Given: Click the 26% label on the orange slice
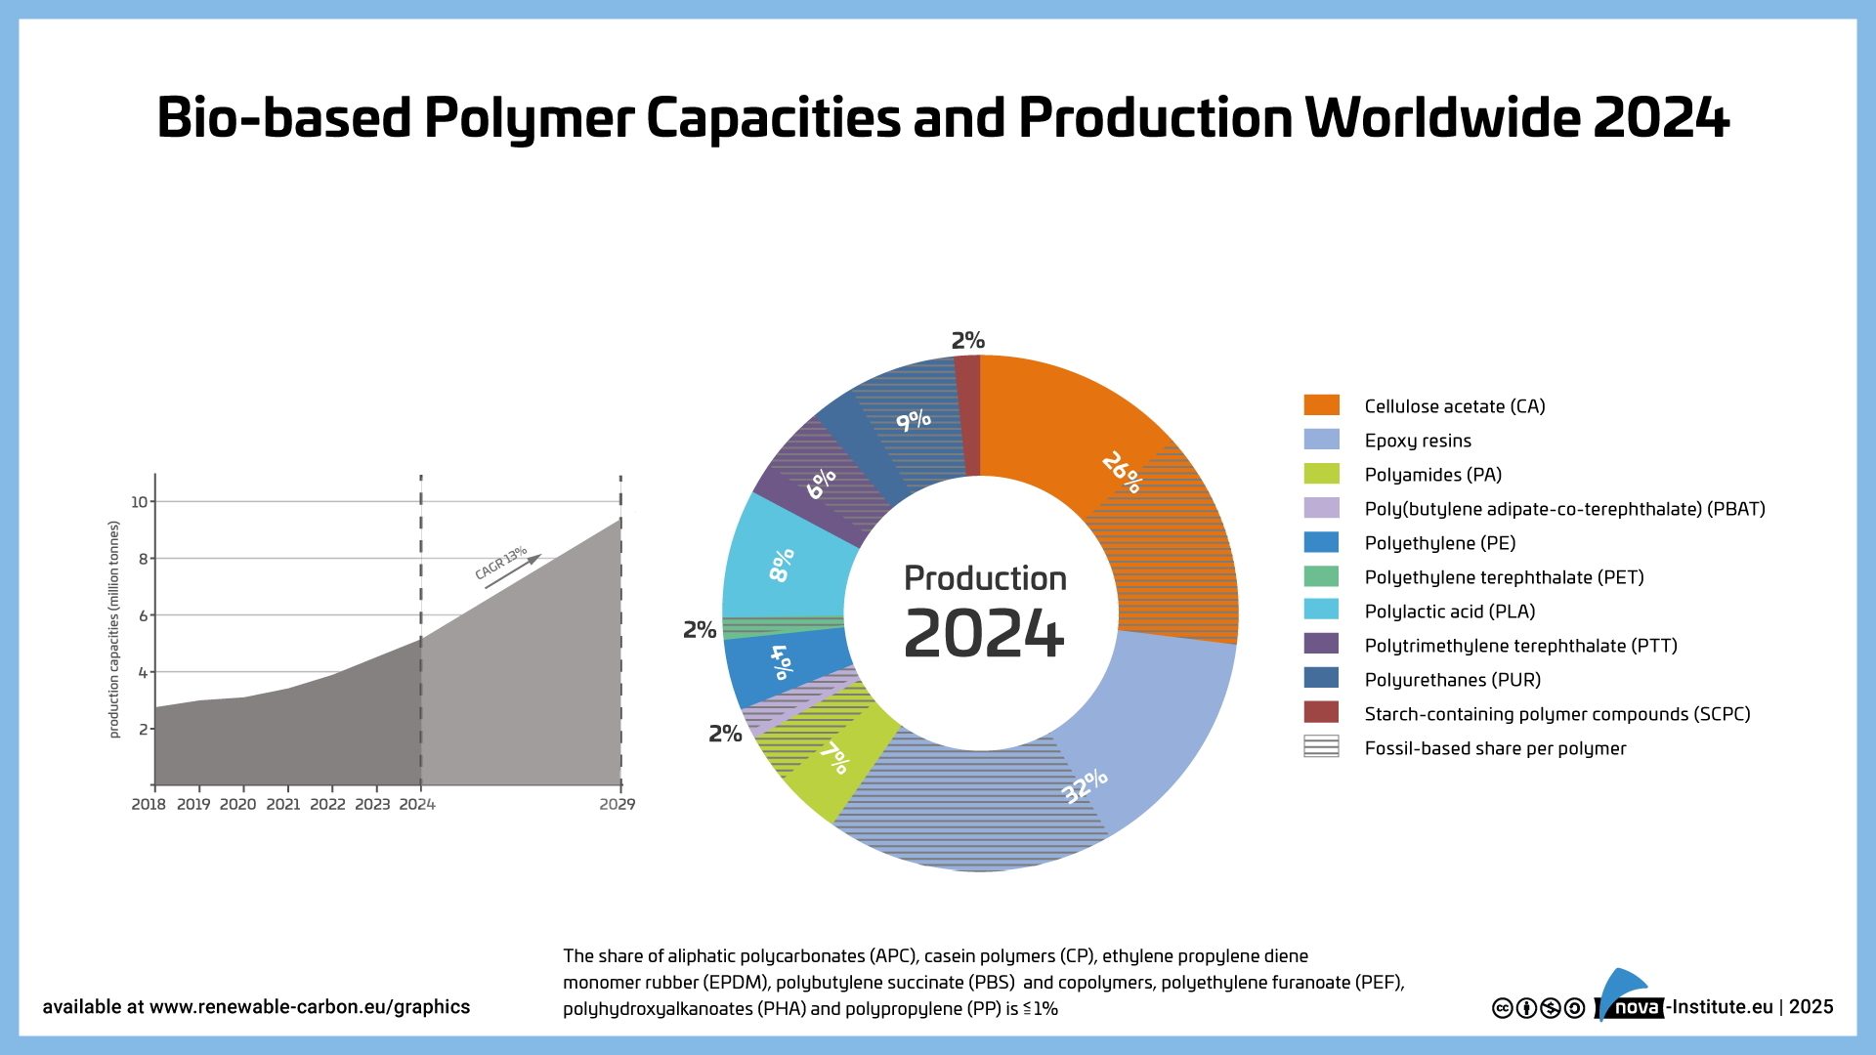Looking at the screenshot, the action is [x=1122, y=473].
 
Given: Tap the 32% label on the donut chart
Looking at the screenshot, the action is [x=1085, y=785].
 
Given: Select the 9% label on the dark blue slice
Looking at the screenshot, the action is [x=914, y=420].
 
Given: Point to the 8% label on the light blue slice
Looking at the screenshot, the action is [x=782, y=565].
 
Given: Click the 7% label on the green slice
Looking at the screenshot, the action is [x=836, y=757].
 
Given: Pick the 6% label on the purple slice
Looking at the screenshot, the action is [x=821, y=484].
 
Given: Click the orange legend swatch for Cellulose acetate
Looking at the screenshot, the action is [x=1321, y=405].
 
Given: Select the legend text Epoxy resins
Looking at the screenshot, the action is [x=1418, y=441].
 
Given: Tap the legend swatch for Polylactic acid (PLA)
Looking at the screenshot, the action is [x=1321, y=610].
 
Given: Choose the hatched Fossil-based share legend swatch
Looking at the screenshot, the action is [x=1321, y=746].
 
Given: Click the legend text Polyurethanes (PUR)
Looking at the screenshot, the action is [x=1453, y=680].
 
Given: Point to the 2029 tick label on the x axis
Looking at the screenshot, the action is [x=618, y=804].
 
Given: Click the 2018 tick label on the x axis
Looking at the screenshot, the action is [x=149, y=804].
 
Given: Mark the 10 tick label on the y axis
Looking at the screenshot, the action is [x=140, y=502].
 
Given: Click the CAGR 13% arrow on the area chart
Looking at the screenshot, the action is [x=513, y=572].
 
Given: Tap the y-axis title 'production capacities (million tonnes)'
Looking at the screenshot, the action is [x=114, y=629].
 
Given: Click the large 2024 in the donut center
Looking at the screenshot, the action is [x=984, y=634].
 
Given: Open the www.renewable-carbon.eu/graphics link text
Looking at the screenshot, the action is [x=310, y=1007].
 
